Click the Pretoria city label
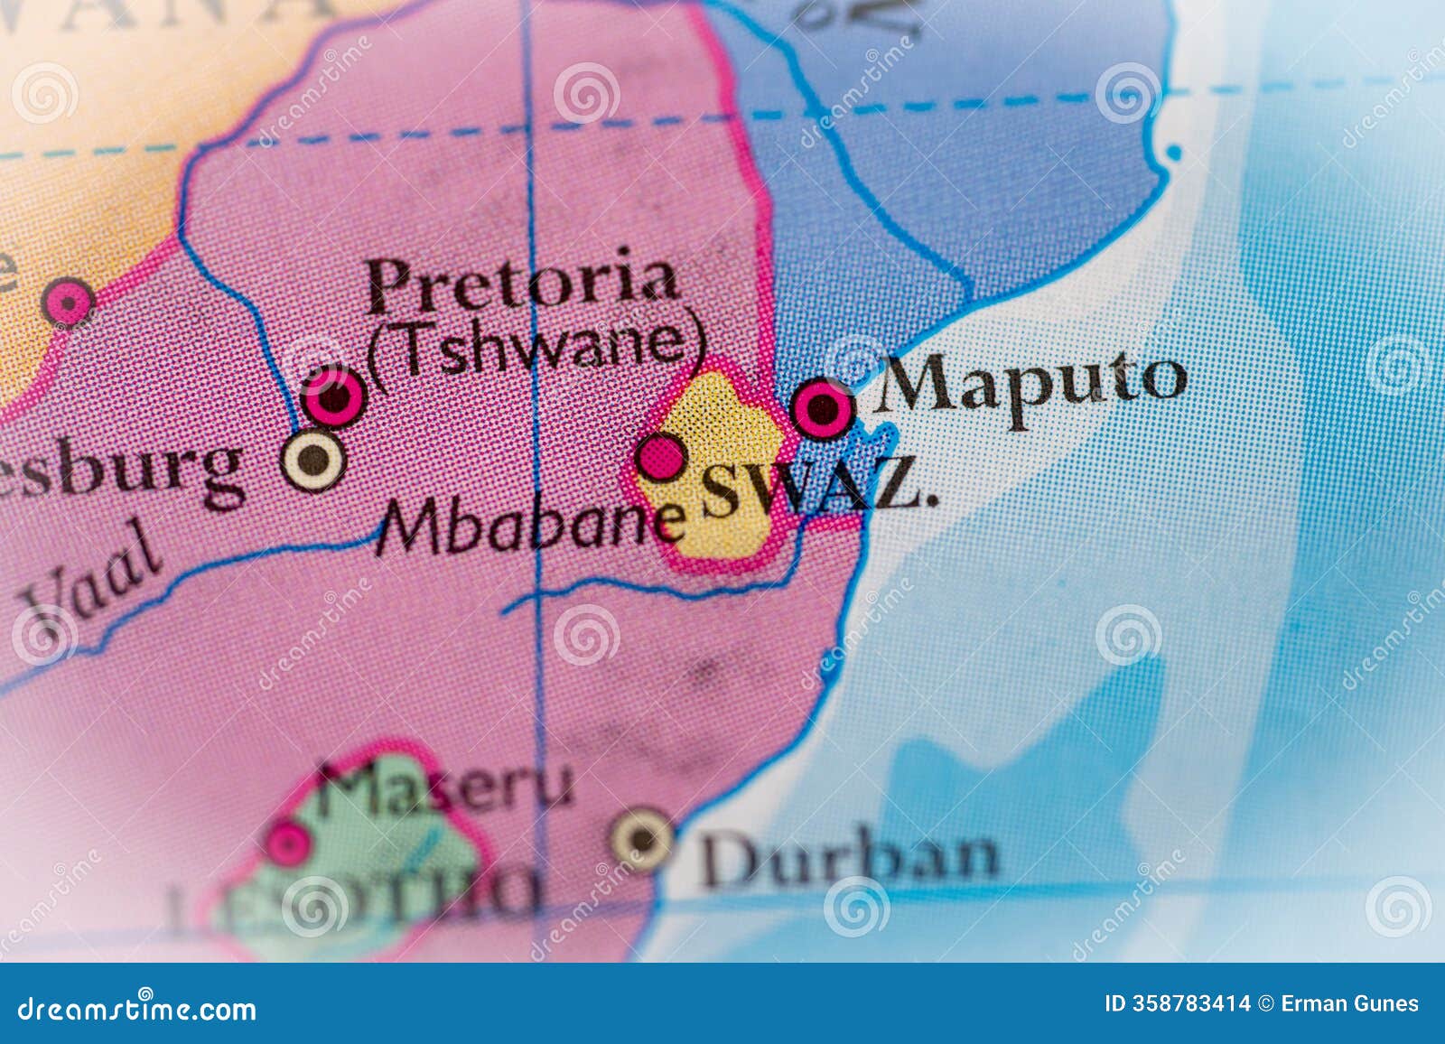click(523, 280)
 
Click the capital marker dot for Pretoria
click(334, 396)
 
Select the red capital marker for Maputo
click(823, 408)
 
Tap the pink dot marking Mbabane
click(661, 457)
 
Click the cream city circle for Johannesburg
click(312, 461)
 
